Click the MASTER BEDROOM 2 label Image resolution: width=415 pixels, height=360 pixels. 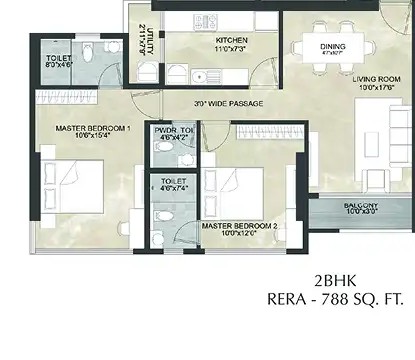(239, 226)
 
